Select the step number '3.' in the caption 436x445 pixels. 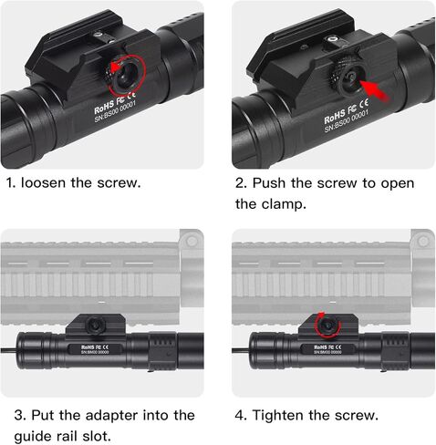[11, 415]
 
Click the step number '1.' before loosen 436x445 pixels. [10, 181]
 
